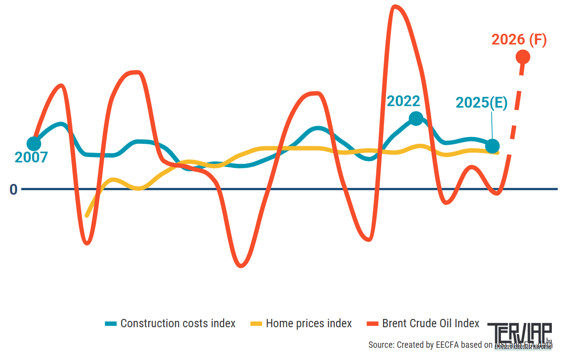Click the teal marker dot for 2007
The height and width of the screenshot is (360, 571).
click(34, 144)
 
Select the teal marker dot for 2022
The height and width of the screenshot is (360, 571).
click(416, 118)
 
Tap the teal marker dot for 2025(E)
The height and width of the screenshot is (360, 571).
click(493, 146)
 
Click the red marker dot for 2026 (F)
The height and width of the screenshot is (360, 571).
click(523, 57)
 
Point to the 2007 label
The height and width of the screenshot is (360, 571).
click(31, 157)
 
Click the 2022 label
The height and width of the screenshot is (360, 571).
click(404, 101)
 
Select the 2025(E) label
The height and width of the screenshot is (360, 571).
click(481, 103)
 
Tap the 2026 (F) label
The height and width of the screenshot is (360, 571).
click(519, 40)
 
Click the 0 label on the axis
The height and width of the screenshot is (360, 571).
click(13, 189)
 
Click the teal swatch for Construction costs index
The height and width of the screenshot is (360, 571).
click(111, 324)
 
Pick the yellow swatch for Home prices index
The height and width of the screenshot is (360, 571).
click(256, 324)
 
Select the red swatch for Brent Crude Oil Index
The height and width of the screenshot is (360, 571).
click(373, 324)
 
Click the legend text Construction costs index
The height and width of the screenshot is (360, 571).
click(178, 324)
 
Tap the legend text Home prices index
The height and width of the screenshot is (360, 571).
click(309, 324)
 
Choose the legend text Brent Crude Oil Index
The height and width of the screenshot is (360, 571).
click(431, 324)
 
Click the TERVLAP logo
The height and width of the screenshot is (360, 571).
click(519, 335)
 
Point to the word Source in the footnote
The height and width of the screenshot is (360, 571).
click(381, 345)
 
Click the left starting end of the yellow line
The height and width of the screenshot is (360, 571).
click(87, 215)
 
